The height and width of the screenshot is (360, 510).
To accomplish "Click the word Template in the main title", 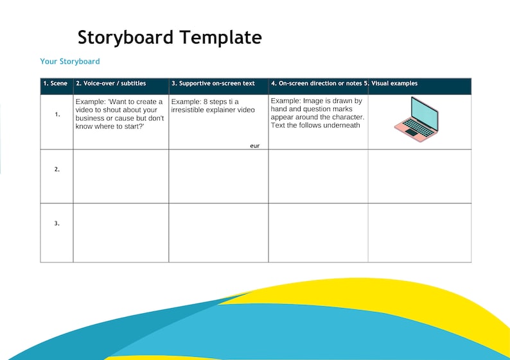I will point(221,37).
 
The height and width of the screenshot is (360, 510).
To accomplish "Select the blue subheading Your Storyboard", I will point(70,62).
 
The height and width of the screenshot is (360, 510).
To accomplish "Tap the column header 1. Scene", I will point(55,83).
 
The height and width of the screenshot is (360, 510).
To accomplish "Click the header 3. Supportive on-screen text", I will point(213,83).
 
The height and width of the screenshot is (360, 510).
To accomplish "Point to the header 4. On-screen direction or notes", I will point(317,83).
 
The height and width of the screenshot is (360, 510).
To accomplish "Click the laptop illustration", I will point(416,119).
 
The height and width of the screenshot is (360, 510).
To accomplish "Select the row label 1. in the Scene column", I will point(57,115).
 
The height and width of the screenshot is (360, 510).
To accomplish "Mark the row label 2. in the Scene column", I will point(57,169).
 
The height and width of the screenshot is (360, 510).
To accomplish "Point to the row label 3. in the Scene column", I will point(57,223).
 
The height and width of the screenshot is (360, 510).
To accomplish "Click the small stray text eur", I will point(254,146).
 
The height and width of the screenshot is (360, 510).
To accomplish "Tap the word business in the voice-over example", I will point(89,119).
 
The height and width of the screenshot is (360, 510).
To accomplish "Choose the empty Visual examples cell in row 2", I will point(419,176).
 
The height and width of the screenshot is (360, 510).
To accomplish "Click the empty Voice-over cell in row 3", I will point(121,232).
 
